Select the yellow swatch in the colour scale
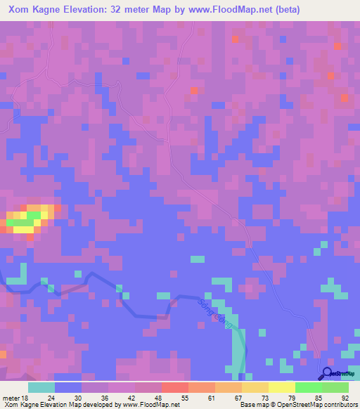click(281, 387)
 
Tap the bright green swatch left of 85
click(308, 387)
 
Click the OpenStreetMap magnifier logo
click(328, 373)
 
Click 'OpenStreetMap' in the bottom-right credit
click(292, 405)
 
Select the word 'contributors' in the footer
click(338, 405)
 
